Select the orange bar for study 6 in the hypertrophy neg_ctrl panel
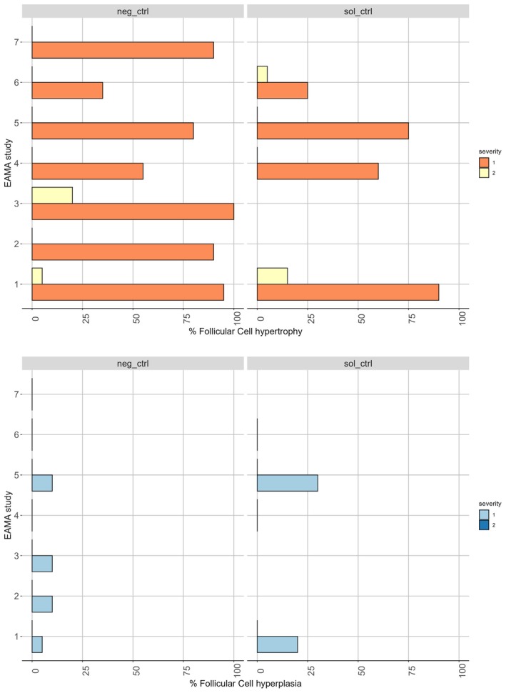click(67, 90)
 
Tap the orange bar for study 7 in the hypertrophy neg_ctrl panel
click(123, 50)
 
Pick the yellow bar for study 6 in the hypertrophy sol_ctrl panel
click(262, 74)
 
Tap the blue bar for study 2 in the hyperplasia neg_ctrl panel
click(42, 604)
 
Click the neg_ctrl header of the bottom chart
click(133, 364)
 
